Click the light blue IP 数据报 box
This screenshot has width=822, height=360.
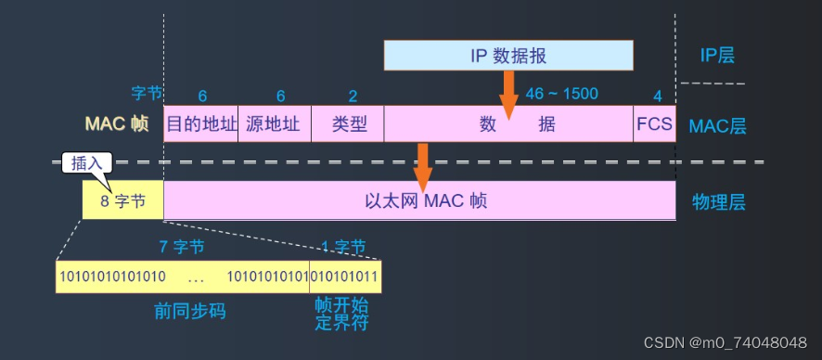508,56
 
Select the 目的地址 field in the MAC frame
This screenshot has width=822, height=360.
201,124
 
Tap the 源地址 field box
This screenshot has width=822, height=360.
274,124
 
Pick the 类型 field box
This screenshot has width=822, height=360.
347,124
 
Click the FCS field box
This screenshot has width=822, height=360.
654,124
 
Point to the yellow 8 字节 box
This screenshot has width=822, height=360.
122,200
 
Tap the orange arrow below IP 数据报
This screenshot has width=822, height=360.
508,93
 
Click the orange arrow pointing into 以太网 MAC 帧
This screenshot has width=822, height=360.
423,164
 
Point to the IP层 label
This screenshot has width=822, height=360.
717,56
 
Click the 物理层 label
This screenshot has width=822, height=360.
719,201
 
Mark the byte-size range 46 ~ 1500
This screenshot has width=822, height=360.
561,94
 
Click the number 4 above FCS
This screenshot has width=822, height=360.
657,96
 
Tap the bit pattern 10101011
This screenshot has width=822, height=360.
344,276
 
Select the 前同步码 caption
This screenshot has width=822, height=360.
190,311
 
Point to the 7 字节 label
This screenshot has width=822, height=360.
182,247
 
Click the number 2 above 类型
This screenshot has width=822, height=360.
353,96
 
